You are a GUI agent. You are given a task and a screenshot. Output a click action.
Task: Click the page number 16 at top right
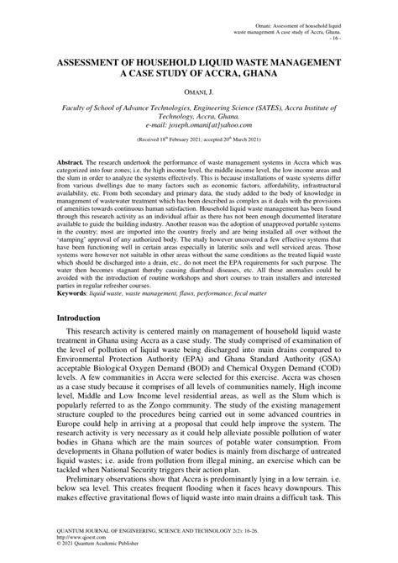(336, 38)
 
